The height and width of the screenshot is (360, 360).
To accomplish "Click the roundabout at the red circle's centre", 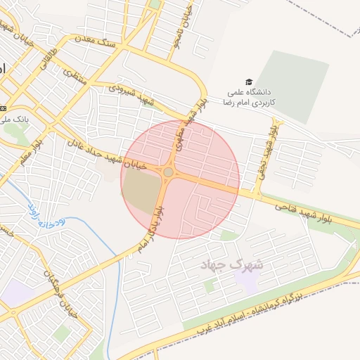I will tap(169, 172).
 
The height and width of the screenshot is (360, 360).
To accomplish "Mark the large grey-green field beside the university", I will tap(292, 85).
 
